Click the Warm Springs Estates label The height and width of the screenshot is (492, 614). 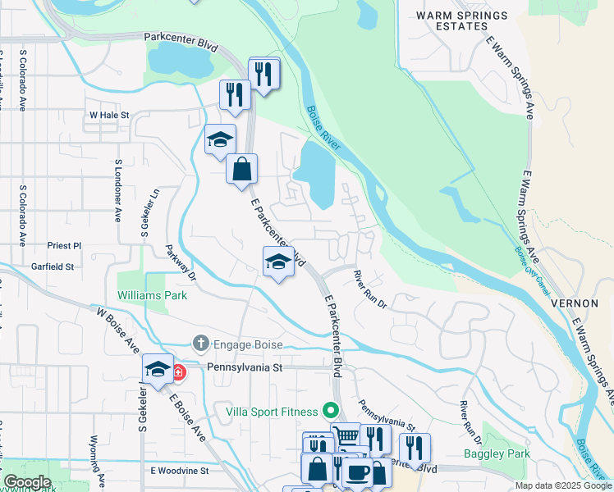[451, 20]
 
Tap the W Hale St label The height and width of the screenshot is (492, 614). [109, 116]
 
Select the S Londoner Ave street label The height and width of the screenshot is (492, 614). [118, 191]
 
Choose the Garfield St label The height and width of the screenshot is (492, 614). [53, 266]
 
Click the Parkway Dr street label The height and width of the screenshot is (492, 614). [181, 262]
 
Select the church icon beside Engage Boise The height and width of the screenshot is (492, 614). [200, 341]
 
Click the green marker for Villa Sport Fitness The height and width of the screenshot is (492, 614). [331, 408]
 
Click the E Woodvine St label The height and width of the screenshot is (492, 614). [180, 471]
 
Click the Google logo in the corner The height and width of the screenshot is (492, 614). [27, 482]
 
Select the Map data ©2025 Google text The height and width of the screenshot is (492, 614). [562, 485]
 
